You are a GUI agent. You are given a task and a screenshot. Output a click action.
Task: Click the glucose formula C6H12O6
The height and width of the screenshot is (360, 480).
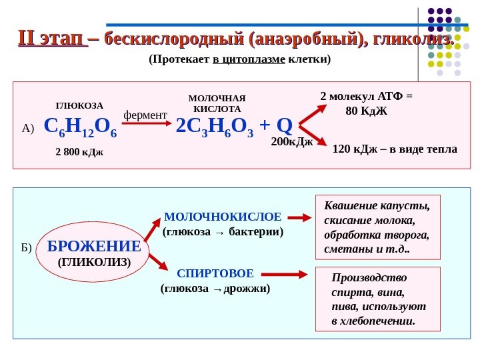click(80, 127)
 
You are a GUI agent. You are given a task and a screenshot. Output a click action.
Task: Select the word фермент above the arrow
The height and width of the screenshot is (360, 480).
click(145, 115)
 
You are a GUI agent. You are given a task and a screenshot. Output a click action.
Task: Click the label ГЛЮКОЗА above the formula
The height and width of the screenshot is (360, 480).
click(79, 105)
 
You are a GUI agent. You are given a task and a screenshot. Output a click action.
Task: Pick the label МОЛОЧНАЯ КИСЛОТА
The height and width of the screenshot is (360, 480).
click(217, 103)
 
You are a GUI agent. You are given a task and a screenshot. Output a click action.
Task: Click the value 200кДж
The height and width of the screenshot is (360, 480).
click(292, 142)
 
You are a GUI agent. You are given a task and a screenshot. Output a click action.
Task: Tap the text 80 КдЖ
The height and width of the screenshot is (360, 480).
click(367, 110)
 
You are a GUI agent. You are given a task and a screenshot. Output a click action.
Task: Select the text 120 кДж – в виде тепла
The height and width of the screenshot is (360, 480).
click(395, 149)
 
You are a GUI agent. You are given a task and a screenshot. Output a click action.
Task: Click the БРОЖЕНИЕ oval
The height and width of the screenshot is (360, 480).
click(94, 253)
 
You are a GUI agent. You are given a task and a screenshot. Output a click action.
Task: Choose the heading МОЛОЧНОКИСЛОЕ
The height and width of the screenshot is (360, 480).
click(223, 217)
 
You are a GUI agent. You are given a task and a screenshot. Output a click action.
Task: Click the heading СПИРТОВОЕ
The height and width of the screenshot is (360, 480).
click(215, 274)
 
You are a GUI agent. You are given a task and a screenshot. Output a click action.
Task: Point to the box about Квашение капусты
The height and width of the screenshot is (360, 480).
click(377, 227)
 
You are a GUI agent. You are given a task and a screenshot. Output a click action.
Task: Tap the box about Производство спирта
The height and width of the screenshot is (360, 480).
click(378, 299)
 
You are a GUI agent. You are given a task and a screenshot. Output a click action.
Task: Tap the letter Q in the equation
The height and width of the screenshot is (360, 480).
click(285, 125)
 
